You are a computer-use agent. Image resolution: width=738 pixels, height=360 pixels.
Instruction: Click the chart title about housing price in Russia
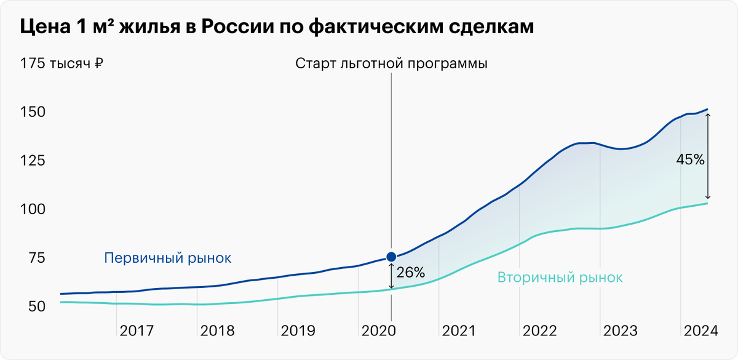pos(277,29)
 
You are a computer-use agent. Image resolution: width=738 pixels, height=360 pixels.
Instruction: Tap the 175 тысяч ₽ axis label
pos(61,63)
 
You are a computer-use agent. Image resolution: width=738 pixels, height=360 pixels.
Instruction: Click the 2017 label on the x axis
pos(137,331)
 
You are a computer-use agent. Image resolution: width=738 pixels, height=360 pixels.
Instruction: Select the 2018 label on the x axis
pos(217,331)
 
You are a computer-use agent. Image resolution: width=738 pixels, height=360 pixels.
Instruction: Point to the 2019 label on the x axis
pos(298,331)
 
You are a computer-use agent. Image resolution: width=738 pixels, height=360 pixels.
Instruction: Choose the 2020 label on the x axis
pos(379,331)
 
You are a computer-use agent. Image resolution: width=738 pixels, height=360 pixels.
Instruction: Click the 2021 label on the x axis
pos(459,331)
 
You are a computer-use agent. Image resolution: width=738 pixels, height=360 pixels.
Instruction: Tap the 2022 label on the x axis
pos(540,331)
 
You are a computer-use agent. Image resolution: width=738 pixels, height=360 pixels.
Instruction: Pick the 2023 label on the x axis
pos(621,331)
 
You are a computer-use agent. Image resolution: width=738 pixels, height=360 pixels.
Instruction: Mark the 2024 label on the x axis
pos(701,331)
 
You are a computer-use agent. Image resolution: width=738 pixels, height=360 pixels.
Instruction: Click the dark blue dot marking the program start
pos(391,257)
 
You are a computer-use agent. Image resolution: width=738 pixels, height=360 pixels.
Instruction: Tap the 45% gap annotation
pos(691,159)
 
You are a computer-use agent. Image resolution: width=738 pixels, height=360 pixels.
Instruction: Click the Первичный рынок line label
pos(167,258)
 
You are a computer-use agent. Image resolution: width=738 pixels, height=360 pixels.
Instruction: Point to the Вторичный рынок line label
pos(560,278)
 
